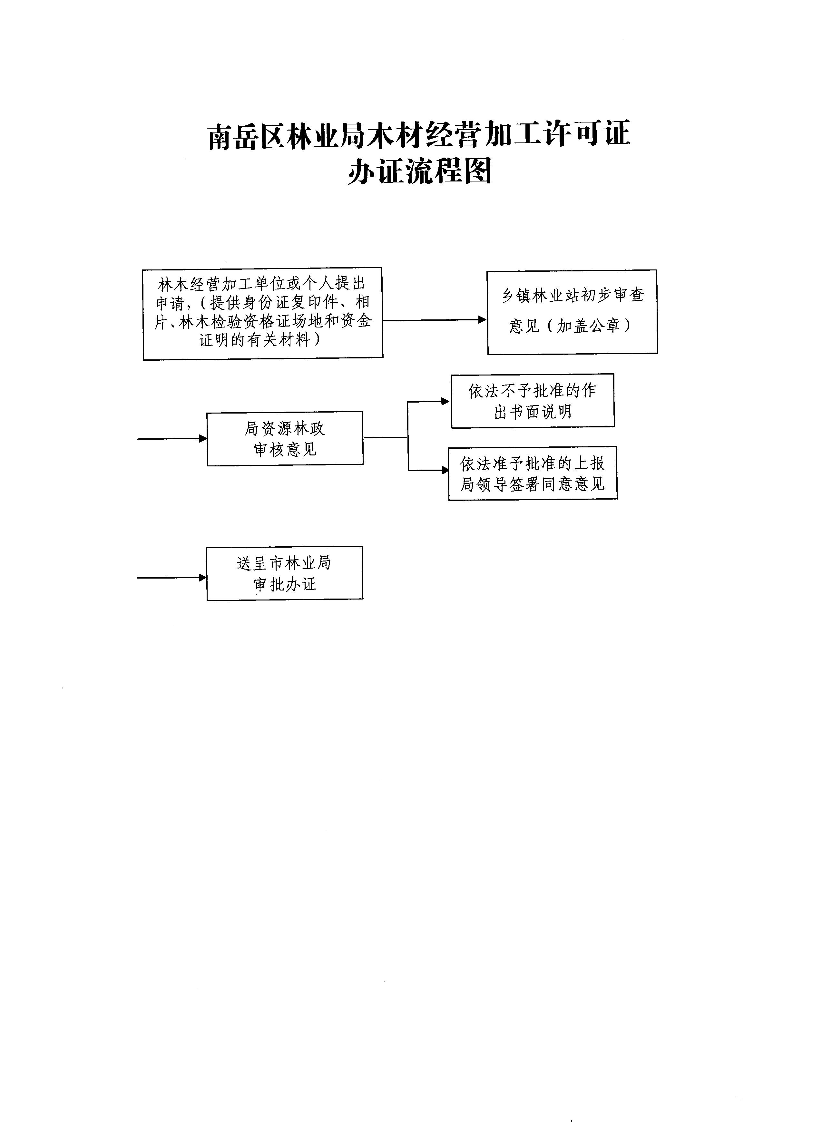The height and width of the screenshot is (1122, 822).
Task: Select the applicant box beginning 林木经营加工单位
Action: click(x=263, y=314)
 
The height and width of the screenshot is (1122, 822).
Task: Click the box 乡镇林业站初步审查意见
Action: click(x=572, y=312)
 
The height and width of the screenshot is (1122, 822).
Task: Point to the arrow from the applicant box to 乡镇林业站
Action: click(x=435, y=320)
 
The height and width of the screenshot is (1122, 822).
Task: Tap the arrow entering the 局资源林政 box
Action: click(x=172, y=438)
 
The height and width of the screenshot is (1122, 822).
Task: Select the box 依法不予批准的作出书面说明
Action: click(x=533, y=401)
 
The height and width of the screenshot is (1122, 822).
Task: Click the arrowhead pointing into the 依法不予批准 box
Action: click(x=446, y=402)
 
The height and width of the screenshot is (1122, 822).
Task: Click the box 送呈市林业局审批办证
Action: click(x=285, y=573)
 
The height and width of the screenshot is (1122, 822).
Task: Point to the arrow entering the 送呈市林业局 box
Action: click(x=172, y=578)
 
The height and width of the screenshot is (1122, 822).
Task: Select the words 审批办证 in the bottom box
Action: click(x=285, y=584)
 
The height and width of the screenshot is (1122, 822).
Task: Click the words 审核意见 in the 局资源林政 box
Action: click(x=285, y=450)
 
